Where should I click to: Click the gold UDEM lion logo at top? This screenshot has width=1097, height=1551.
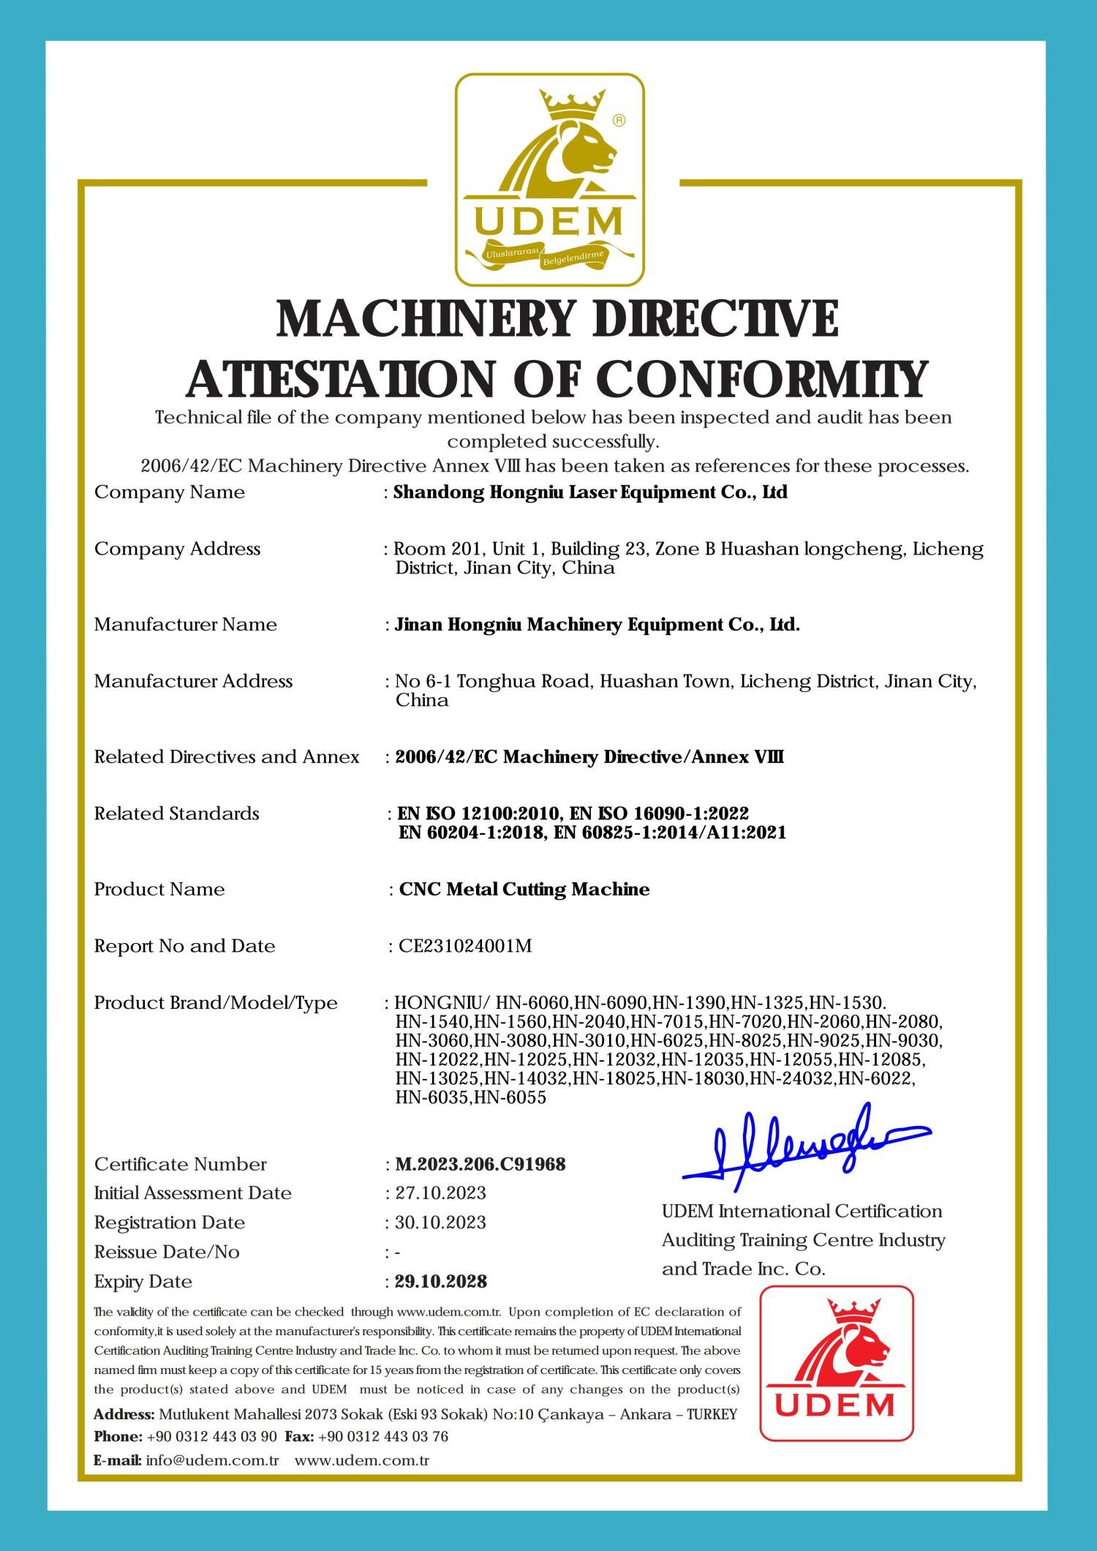550,180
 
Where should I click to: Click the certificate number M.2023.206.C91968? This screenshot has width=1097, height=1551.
480,1164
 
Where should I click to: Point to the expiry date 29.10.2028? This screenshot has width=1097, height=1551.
440,1282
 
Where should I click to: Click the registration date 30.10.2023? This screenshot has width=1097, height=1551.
440,1223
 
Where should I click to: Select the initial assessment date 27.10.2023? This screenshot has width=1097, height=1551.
440,1193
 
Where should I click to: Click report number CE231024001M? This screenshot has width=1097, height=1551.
464,946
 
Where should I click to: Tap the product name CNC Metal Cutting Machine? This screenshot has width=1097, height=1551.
524,890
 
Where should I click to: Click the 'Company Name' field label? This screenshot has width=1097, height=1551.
170,492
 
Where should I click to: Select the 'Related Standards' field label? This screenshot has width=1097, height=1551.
176,814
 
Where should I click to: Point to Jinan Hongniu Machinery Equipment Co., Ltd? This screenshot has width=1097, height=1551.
597,625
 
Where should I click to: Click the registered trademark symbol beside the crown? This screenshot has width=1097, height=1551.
618,121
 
